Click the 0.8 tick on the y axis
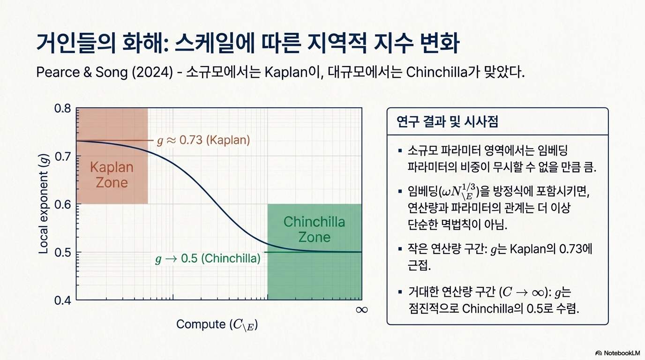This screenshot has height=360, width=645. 62,109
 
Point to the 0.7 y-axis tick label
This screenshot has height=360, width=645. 62,157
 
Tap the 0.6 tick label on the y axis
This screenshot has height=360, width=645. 62,204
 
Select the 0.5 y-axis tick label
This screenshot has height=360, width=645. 62,252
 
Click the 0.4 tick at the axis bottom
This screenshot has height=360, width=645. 62,300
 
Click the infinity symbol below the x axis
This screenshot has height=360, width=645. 362,310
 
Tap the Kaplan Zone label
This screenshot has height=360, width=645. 112,175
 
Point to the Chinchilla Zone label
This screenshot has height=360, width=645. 314,230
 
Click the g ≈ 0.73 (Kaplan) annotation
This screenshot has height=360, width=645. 203,140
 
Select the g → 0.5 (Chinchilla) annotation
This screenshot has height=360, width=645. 208,259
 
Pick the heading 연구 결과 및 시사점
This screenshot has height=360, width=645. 447,121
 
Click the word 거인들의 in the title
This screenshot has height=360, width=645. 76,43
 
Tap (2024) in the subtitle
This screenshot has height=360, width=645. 152,72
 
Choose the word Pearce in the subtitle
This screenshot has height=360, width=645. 58,72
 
